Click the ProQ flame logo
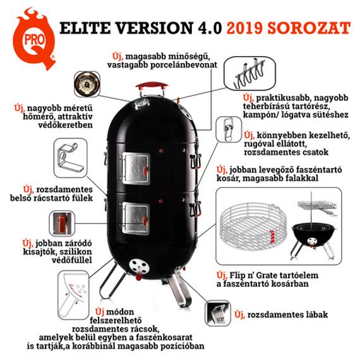31,39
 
